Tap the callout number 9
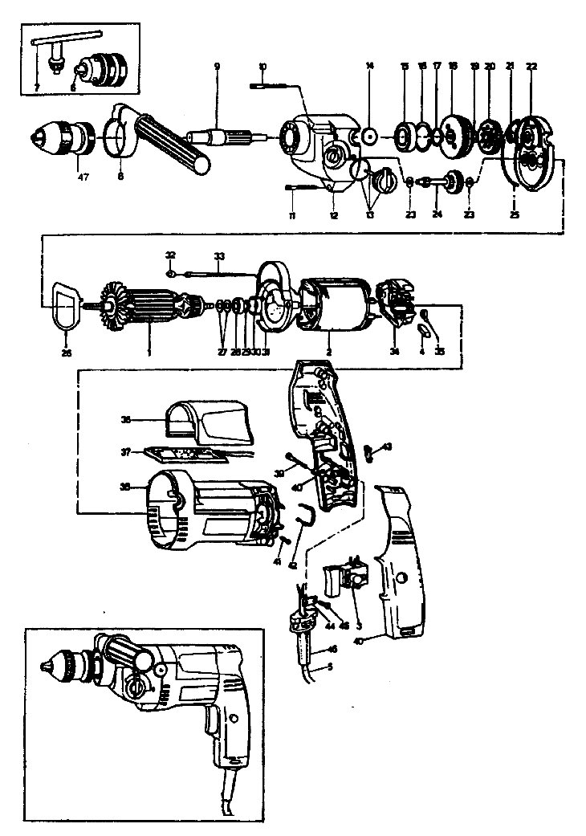(216, 66)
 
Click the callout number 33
(218, 259)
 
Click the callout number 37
(124, 453)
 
